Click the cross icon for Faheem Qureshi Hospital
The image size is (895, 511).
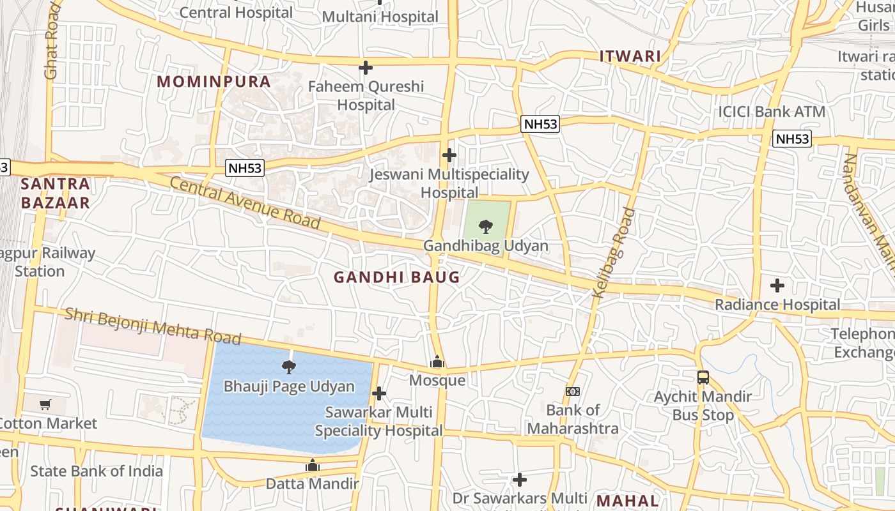tap(366, 67)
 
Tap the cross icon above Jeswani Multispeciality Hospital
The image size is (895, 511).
tap(449, 155)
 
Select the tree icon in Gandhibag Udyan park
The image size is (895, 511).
tap(486, 226)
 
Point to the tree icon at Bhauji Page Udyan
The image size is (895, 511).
tap(289, 367)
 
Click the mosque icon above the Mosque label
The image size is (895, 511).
tap(437, 362)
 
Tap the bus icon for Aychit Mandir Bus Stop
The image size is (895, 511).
tap(703, 378)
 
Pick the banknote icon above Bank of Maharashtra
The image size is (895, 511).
tap(573, 391)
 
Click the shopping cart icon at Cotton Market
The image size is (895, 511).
tap(45, 404)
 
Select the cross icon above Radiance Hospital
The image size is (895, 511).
tap(777, 285)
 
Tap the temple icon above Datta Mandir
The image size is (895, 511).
tap(312, 465)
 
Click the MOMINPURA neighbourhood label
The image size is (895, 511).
tap(214, 82)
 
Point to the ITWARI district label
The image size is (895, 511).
tap(630, 56)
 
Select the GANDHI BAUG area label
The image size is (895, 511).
tap(396, 277)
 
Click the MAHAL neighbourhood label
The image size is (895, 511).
tap(627, 500)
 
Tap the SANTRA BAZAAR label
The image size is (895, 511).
tap(55, 194)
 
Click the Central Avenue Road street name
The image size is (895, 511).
tap(245, 203)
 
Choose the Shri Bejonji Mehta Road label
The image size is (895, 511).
tap(153, 326)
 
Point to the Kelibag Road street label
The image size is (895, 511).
tap(614, 253)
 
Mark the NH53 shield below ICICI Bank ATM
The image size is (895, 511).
tap(791, 139)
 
